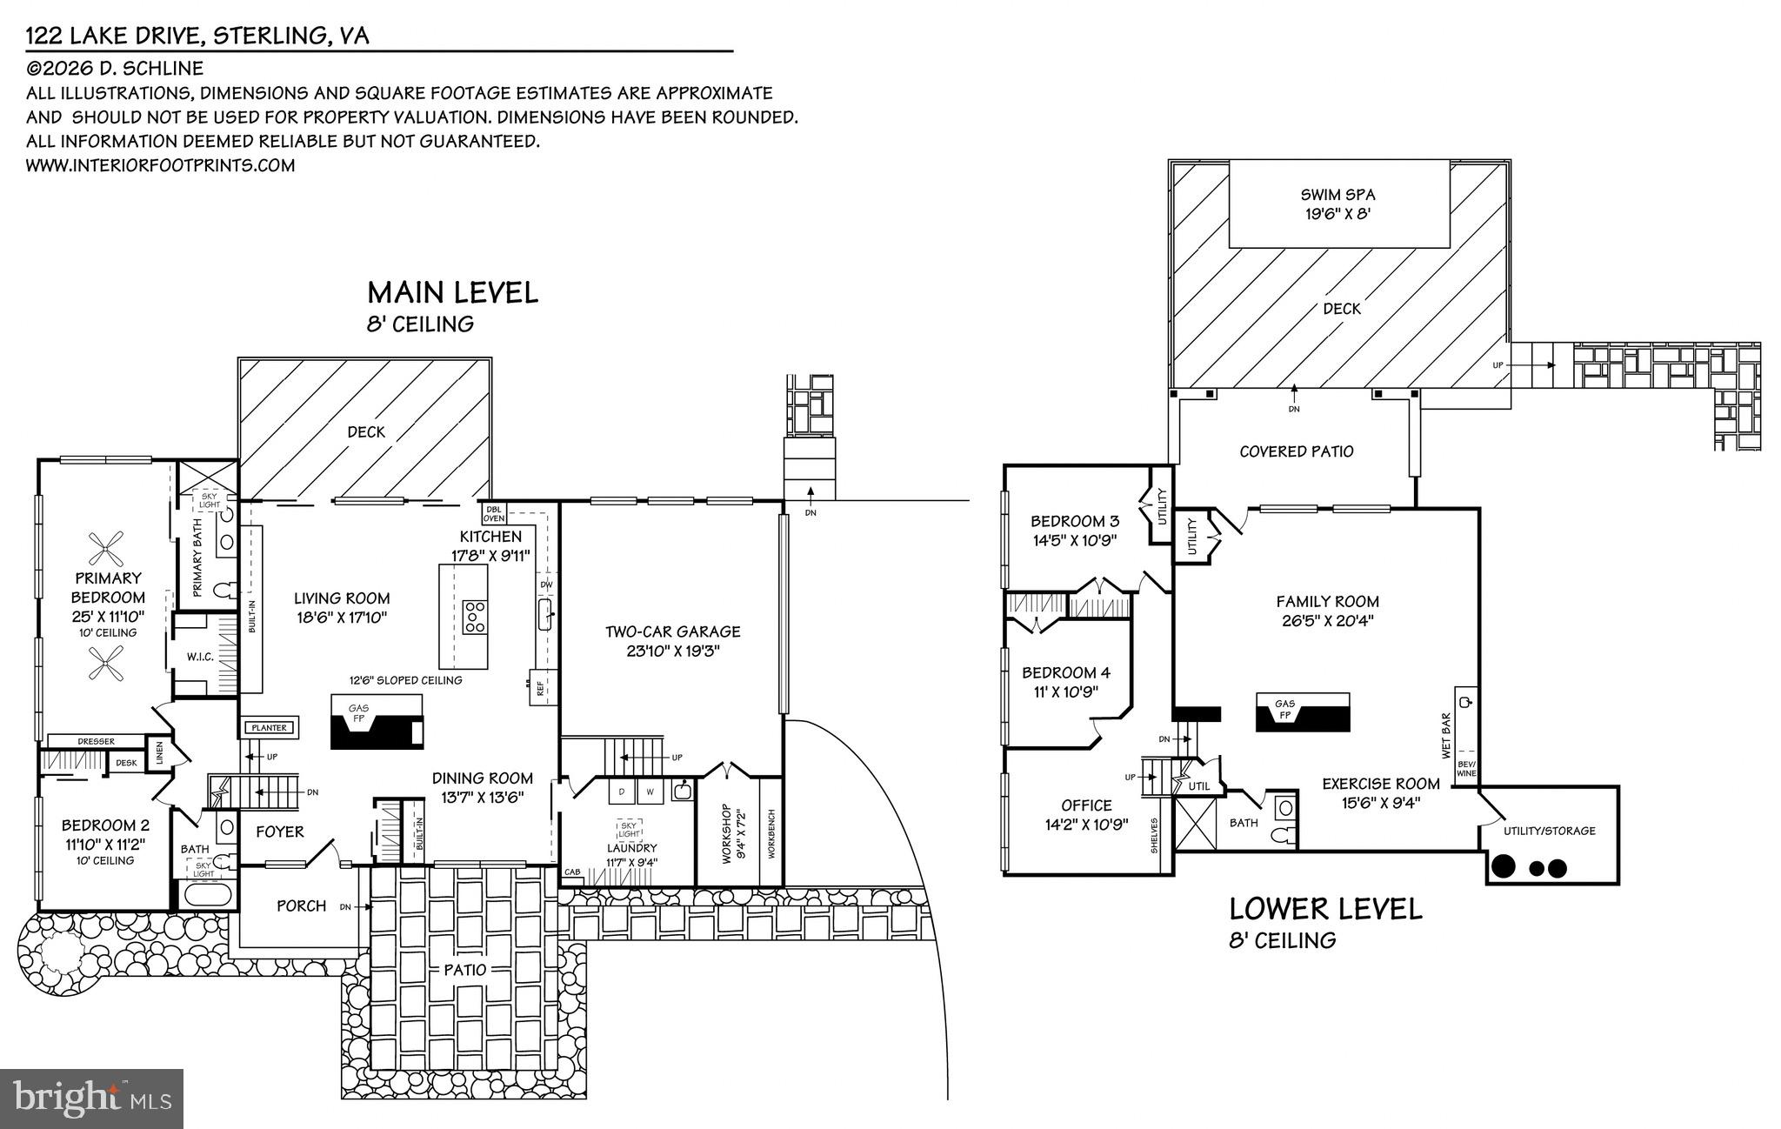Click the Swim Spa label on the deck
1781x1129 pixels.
coord(1337,195)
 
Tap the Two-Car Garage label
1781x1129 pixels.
coord(672,631)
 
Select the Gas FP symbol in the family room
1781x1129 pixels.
coord(1284,711)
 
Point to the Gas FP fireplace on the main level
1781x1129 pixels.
coord(358,714)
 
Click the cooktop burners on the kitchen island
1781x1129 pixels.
coord(475,616)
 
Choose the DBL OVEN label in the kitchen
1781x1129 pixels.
coord(494,513)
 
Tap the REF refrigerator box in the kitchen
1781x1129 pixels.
coord(540,688)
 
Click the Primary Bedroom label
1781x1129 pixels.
coord(108,587)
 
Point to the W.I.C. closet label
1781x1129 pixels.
coord(200,657)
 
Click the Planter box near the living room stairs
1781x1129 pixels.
coord(270,727)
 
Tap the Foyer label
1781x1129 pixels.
coord(280,832)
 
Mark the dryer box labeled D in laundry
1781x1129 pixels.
coord(623,792)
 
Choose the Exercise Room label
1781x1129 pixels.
coord(1381,784)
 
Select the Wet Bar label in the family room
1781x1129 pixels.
coord(1446,733)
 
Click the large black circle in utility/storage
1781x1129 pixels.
coord(1504,866)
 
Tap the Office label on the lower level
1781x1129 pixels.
coord(1086,805)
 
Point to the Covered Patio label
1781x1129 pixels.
coord(1296,451)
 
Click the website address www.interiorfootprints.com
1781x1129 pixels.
coord(160,165)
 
